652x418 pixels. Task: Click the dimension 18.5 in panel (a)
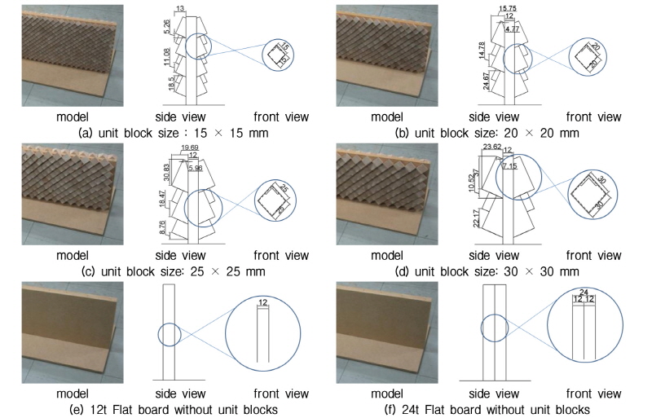pyautogui.click(x=170, y=85)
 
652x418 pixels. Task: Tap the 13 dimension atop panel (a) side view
pyautogui.click(x=179, y=8)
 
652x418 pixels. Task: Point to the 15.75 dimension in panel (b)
pyautogui.click(x=511, y=8)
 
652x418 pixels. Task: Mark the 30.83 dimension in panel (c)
pyautogui.click(x=168, y=174)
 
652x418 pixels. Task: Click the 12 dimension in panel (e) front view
pyautogui.click(x=262, y=303)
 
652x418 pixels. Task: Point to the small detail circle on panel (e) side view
pyautogui.click(x=170, y=335)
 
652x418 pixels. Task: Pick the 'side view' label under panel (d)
pyautogui.click(x=497, y=255)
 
